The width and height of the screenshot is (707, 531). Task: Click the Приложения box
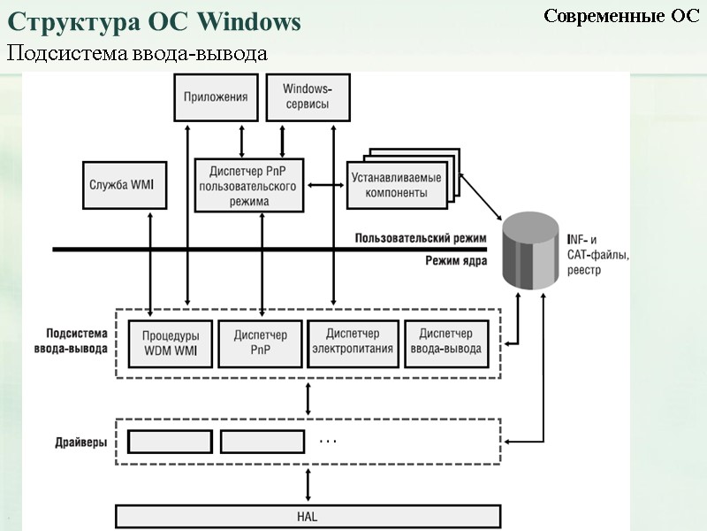click(216, 96)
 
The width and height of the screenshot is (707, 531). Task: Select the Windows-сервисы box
click(307, 96)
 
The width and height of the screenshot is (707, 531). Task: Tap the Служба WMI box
click(124, 185)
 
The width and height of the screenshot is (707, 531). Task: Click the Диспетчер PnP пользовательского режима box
click(249, 185)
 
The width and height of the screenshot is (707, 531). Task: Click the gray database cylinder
click(530, 251)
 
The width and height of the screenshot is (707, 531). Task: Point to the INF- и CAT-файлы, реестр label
click(597, 255)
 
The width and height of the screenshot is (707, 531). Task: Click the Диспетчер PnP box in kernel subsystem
click(260, 343)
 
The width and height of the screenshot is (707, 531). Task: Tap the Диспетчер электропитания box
click(352, 343)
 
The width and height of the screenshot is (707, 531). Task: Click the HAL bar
click(308, 516)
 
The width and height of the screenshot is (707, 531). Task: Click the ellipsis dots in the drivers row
click(328, 440)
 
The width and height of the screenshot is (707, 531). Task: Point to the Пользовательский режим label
click(421, 238)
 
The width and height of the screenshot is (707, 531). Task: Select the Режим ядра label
click(455, 260)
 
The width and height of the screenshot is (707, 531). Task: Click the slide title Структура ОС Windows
click(154, 22)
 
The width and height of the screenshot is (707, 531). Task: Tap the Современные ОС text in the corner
click(620, 16)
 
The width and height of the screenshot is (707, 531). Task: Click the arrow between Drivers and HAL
click(308, 485)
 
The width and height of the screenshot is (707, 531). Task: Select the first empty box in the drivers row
click(170, 441)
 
